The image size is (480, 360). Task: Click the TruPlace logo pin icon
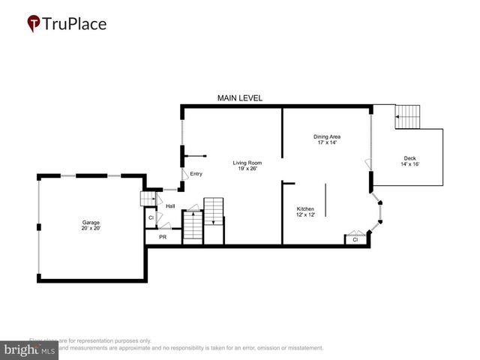pos(34,24)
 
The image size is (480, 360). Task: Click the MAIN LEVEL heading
pos(239,98)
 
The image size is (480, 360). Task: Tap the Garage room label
pos(91,222)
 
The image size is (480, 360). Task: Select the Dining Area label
pos(326,136)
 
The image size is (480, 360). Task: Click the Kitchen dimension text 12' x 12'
pos(305,214)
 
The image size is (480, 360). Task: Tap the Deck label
pos(409,157)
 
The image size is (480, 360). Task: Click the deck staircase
pos(409,116)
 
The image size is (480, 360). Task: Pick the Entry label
pos(196,174)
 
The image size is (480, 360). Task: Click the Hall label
pos(170,205)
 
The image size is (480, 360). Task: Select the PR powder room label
pos(162,236)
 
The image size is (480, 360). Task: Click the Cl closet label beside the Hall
pos(151,218)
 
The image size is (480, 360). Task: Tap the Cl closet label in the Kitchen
pos(355,240)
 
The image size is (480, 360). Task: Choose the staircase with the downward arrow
pos(214,211)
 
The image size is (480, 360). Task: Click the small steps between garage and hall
pos(148,198)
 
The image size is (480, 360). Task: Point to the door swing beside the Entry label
pos(182,173)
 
